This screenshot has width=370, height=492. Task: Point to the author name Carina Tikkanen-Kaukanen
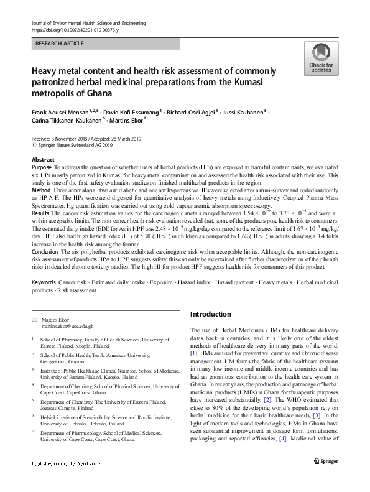point(67,120)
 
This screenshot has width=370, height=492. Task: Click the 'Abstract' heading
point(43,160)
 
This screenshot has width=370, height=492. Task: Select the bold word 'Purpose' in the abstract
point(42,168)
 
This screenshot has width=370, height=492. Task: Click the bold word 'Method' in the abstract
point(40,190)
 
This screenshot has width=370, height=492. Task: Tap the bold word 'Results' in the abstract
point(41,213)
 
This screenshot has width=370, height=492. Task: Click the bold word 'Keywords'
point(44,282)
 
